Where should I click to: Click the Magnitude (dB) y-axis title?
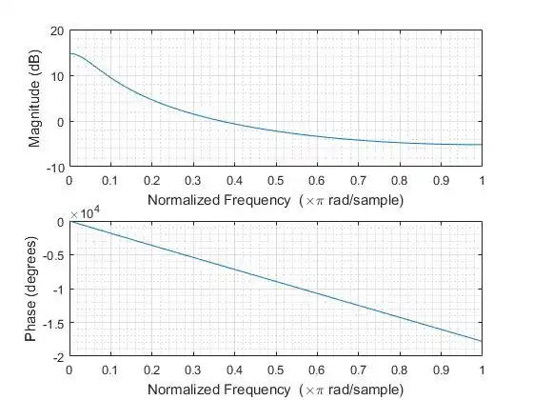point(34,99)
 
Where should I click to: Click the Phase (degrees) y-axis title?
point(34,289)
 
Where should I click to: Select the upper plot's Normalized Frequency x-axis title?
point(274,200)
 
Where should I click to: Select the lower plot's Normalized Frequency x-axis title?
point(274,390)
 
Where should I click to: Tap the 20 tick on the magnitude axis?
point(57,31)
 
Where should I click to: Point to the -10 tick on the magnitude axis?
point(55,167)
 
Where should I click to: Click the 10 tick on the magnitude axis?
point(57,76)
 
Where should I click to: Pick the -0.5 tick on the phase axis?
point(53,255)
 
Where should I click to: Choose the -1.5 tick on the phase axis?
point(53,323)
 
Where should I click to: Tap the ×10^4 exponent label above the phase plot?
point(84,213)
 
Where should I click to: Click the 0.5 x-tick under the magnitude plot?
point(275,179)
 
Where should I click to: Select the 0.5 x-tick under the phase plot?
point(275,369)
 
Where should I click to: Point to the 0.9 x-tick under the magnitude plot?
point(440,179)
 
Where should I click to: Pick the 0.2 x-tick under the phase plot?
point(151,369)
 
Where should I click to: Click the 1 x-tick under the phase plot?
point(482,369)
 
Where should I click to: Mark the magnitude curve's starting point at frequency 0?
point(69,54)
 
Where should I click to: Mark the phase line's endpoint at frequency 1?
point(482,341)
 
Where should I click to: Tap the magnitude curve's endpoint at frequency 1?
point(482,145)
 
